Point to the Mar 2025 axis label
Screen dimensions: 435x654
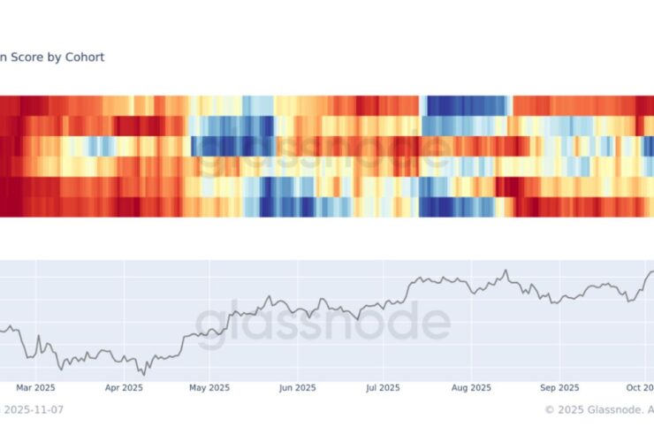(x=35, y=387)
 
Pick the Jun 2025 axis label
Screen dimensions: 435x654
(x=297, y=387)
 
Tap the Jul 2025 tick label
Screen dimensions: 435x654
(x=384, y=387)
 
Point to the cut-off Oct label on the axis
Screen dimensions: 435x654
(x=638, y=387)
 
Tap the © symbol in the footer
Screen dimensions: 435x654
(x=549, y=409)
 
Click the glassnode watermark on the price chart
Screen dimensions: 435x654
(x=323, y=323)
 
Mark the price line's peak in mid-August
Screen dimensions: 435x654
(x=506, y=271)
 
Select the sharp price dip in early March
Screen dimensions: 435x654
(x=30, y=357)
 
